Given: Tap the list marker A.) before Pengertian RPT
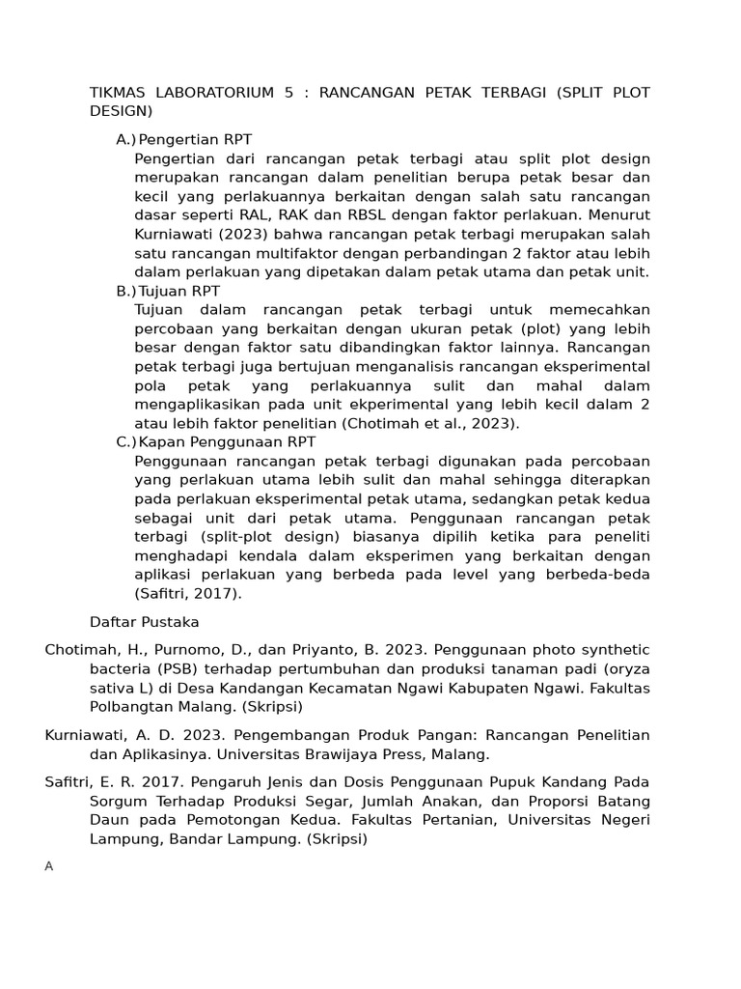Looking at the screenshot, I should coord(125,140).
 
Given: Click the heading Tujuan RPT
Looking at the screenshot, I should coord(179,291).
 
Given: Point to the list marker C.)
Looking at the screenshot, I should coord(125,442).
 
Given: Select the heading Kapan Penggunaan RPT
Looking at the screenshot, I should coord(227,442).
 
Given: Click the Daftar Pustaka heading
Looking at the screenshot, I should coord(144,622).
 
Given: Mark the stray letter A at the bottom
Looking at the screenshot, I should coord(49,866).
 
